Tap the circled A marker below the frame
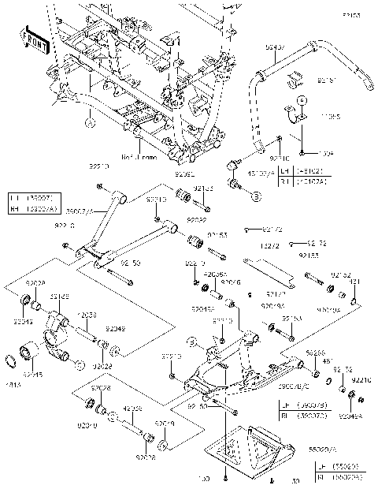tap(90, 123)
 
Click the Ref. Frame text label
tap(139, 157)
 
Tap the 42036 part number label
tap(132, 409)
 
